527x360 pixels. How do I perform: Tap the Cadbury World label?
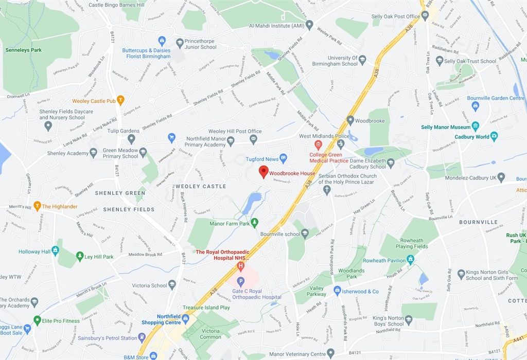(472, 137)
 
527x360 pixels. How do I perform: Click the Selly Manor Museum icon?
(475, 126)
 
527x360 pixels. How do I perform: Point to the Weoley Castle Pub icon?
(120, 100)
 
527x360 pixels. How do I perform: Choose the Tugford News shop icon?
(283, 158)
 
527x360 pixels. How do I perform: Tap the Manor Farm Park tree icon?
(254, 222)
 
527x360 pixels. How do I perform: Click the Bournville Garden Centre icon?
(475, 106)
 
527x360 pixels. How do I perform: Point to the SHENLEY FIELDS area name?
(129, 209)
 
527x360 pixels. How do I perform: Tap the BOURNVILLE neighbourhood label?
(479, 222)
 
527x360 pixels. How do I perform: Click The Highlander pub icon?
(37, 206)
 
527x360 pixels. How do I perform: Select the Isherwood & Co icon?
(337, 291)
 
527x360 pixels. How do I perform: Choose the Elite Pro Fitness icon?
(37, 320)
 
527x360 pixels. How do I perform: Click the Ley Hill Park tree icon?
(79, 256)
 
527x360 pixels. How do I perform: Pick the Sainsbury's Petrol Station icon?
(142, 337)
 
